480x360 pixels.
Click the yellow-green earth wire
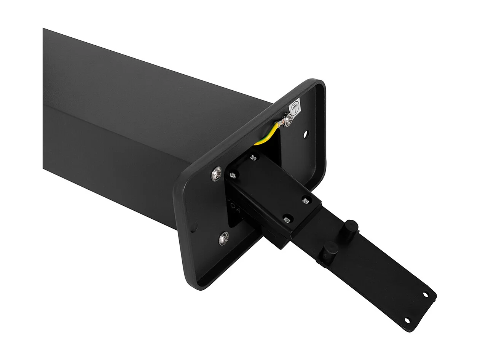point(268,134)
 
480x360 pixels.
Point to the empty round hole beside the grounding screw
point(306,134)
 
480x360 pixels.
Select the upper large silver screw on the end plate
point(217,174)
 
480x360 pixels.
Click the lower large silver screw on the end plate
point(224,238)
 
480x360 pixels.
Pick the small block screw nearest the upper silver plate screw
point(232,176)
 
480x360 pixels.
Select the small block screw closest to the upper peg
point(305,200)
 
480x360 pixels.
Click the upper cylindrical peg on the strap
point(352,227)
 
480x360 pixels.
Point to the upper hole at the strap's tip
point(426,294)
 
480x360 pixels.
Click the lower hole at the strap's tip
point(407,320)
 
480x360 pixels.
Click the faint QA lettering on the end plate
point(233,208)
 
